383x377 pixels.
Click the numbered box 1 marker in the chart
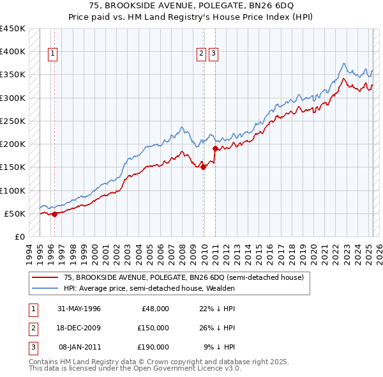[52, 54]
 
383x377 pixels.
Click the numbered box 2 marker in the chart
[201, 54]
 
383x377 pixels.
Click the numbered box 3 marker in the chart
[213, 54]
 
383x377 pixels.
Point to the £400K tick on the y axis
[13, 52]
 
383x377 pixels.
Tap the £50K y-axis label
[16, 213]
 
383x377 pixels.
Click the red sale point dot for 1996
[54, 214]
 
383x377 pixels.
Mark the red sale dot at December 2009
[204, 167]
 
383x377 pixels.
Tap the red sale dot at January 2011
[215, 149]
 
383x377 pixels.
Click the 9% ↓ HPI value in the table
[219, 347]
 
